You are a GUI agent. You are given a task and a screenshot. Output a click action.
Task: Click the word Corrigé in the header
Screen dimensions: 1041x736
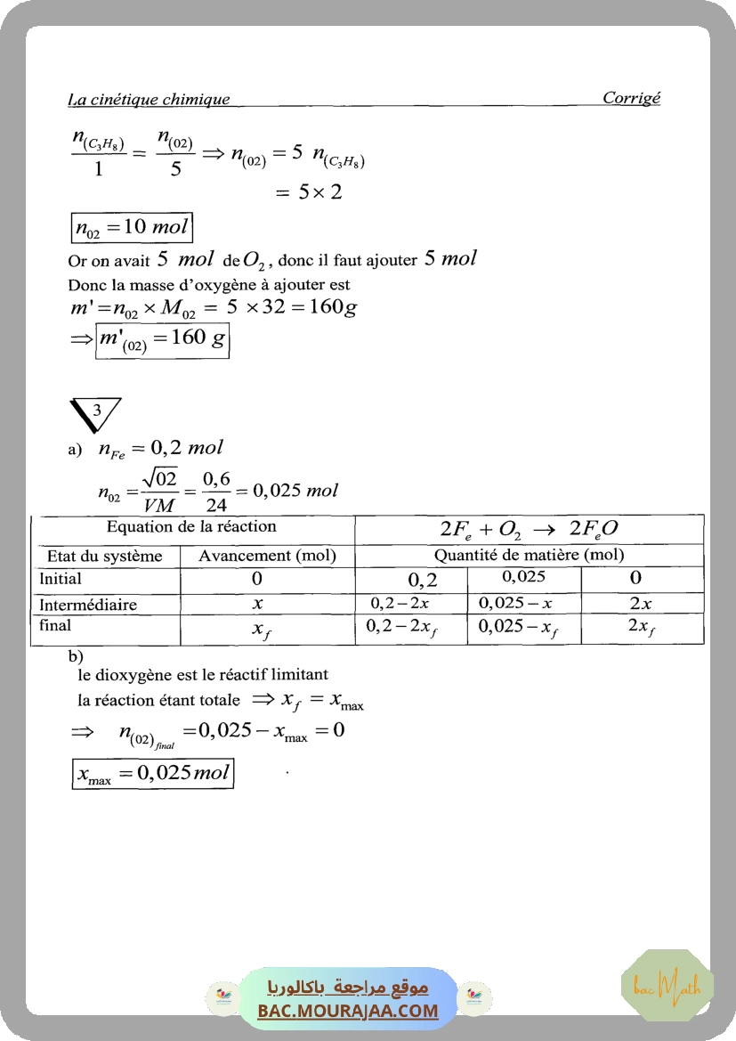tap(631, 98)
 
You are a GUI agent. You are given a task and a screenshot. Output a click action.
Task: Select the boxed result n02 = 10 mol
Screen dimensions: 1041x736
tap(131, 227)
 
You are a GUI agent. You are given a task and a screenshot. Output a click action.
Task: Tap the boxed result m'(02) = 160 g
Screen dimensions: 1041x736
tap(162, 339)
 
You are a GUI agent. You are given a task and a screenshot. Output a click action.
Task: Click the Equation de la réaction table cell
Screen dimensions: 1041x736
tap(191, 527)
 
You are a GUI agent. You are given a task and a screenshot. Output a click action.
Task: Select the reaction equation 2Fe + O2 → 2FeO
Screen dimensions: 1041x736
tap(530, 529)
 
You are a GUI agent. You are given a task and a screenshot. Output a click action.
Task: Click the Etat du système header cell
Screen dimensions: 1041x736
tap(105, 557)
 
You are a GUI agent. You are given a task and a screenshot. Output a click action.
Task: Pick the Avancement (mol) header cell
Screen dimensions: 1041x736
tap(267, 557)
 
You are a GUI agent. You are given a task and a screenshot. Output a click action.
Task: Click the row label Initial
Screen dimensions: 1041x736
tap(61, 579)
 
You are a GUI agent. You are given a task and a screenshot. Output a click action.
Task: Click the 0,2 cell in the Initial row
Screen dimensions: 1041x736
tap(424, 580)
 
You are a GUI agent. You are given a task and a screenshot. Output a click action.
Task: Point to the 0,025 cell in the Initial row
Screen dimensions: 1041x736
tap(524, 577)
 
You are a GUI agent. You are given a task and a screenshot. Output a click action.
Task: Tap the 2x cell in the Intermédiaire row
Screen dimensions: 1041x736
tap(641, 604)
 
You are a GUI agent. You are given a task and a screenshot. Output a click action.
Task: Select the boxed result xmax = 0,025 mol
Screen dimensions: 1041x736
tap(153, 773)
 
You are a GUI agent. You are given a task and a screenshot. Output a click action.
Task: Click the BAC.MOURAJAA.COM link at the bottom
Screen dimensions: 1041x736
tap(348, 1011)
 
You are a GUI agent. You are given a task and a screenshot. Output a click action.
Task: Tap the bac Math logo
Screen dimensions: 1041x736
tap(667, 985)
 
